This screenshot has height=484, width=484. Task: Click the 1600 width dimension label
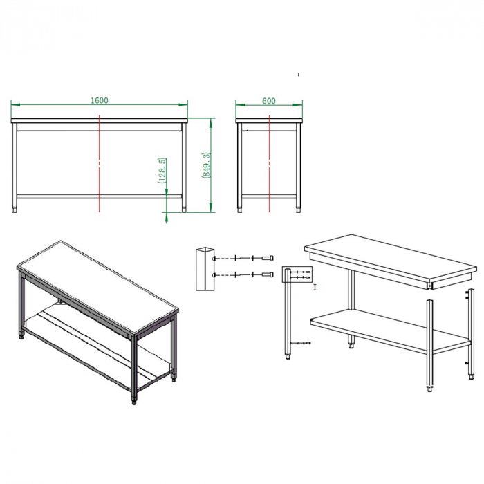(100, 101)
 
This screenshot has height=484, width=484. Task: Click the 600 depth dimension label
(268, 101)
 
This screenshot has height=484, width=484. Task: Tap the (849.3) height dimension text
(206, 165)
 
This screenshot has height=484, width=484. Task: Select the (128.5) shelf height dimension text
(162, 170)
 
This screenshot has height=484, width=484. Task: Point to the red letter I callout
(315, 288)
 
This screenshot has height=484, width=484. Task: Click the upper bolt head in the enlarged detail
(268, 258)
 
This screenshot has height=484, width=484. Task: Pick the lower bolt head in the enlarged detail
(268, 274)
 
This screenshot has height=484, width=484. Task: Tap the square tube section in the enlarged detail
(205, 269)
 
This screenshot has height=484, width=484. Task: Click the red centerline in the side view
(270, 164)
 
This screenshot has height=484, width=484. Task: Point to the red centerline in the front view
(100, 164)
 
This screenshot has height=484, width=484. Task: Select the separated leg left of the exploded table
(288, 314)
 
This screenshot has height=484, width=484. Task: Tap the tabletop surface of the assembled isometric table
(97, 288)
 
